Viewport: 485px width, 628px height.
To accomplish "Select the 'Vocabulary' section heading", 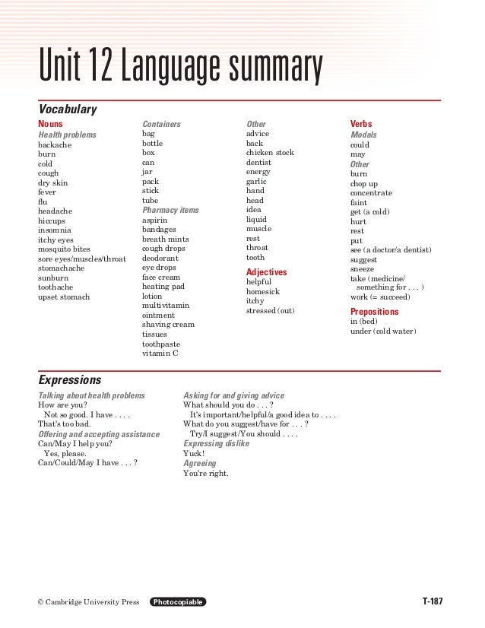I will (68, 110).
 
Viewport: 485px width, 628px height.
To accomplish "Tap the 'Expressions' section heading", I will (69, 379).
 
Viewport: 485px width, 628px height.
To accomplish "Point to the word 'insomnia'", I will (56, 230).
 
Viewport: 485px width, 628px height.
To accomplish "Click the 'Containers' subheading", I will (162, 123).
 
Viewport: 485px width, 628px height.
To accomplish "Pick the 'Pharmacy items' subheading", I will (170, 210).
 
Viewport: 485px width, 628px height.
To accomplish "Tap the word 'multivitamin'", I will (166, 306).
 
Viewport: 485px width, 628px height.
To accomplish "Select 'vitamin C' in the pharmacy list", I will (160, 354).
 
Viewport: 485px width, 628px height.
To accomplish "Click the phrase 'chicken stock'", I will (270, 153).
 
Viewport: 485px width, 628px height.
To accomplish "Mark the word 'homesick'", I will (263, 291).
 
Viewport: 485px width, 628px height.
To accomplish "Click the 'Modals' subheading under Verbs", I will (363, 135).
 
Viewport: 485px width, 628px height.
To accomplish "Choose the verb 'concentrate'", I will (372, 193).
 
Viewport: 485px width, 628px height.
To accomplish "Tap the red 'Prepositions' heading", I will (375, 312).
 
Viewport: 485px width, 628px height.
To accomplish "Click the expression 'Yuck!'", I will (194, 453).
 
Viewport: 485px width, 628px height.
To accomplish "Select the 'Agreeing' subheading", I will (200, 463).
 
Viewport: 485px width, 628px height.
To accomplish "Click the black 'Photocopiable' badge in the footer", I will (178, 602).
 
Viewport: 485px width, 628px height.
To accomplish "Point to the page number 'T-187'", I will (432, 602).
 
